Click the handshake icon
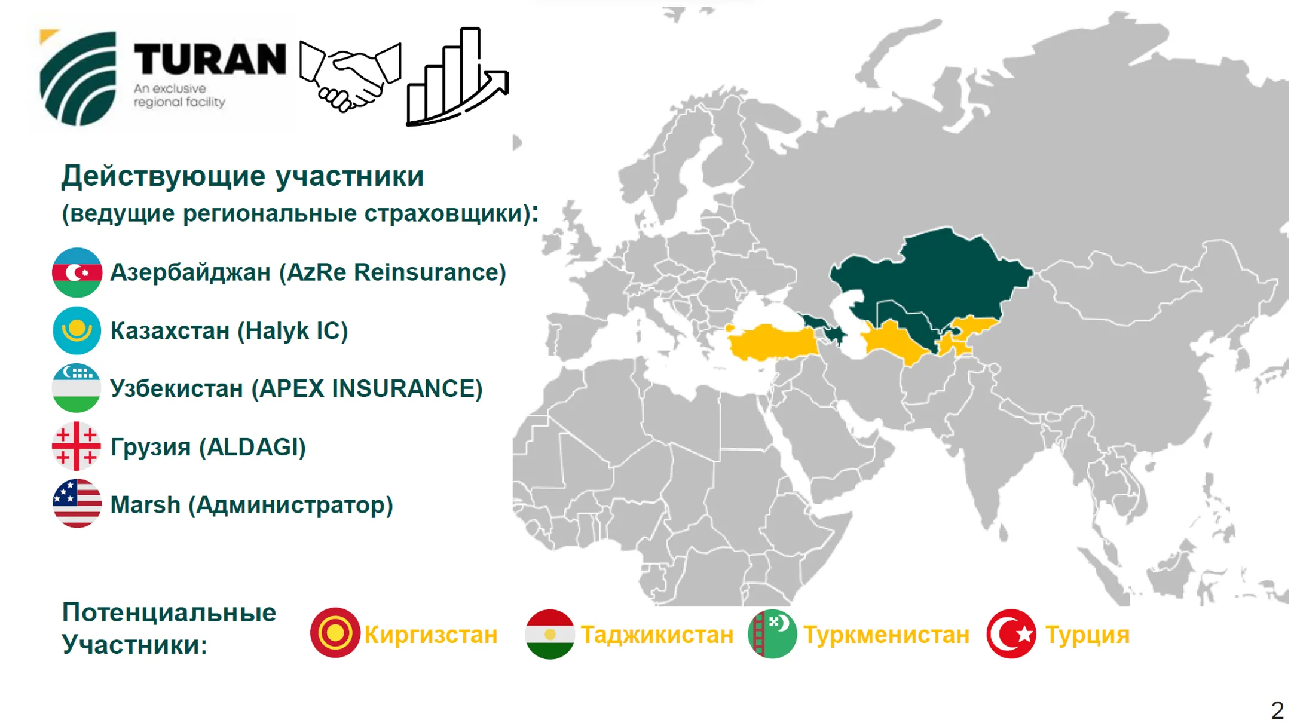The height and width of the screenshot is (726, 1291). click(x=350, y=75)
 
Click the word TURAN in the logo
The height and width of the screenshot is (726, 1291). click(x=210, y=59)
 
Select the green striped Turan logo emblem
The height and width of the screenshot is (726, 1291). click(x=78, y=78)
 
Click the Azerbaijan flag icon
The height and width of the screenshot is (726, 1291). click(x=77, y=272)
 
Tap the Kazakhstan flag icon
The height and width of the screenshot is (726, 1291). click(x=77, y=330)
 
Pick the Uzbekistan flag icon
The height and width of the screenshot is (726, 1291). click(x=77, y=388)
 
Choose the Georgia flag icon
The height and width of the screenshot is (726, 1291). click(x=77, y=446)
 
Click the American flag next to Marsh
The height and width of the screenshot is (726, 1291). click(x=77, y=504)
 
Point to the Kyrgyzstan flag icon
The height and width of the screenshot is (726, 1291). click(x=335, y=633)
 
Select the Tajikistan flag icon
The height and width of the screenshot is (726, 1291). click(x=550, y=634)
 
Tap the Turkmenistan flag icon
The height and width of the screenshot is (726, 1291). click(x=772, y=634)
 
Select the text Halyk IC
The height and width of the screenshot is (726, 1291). click(x=292, y=330)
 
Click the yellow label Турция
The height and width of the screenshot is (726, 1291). click(x=1087, y=635)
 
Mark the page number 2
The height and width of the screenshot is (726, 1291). click(x=1277, y=710)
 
